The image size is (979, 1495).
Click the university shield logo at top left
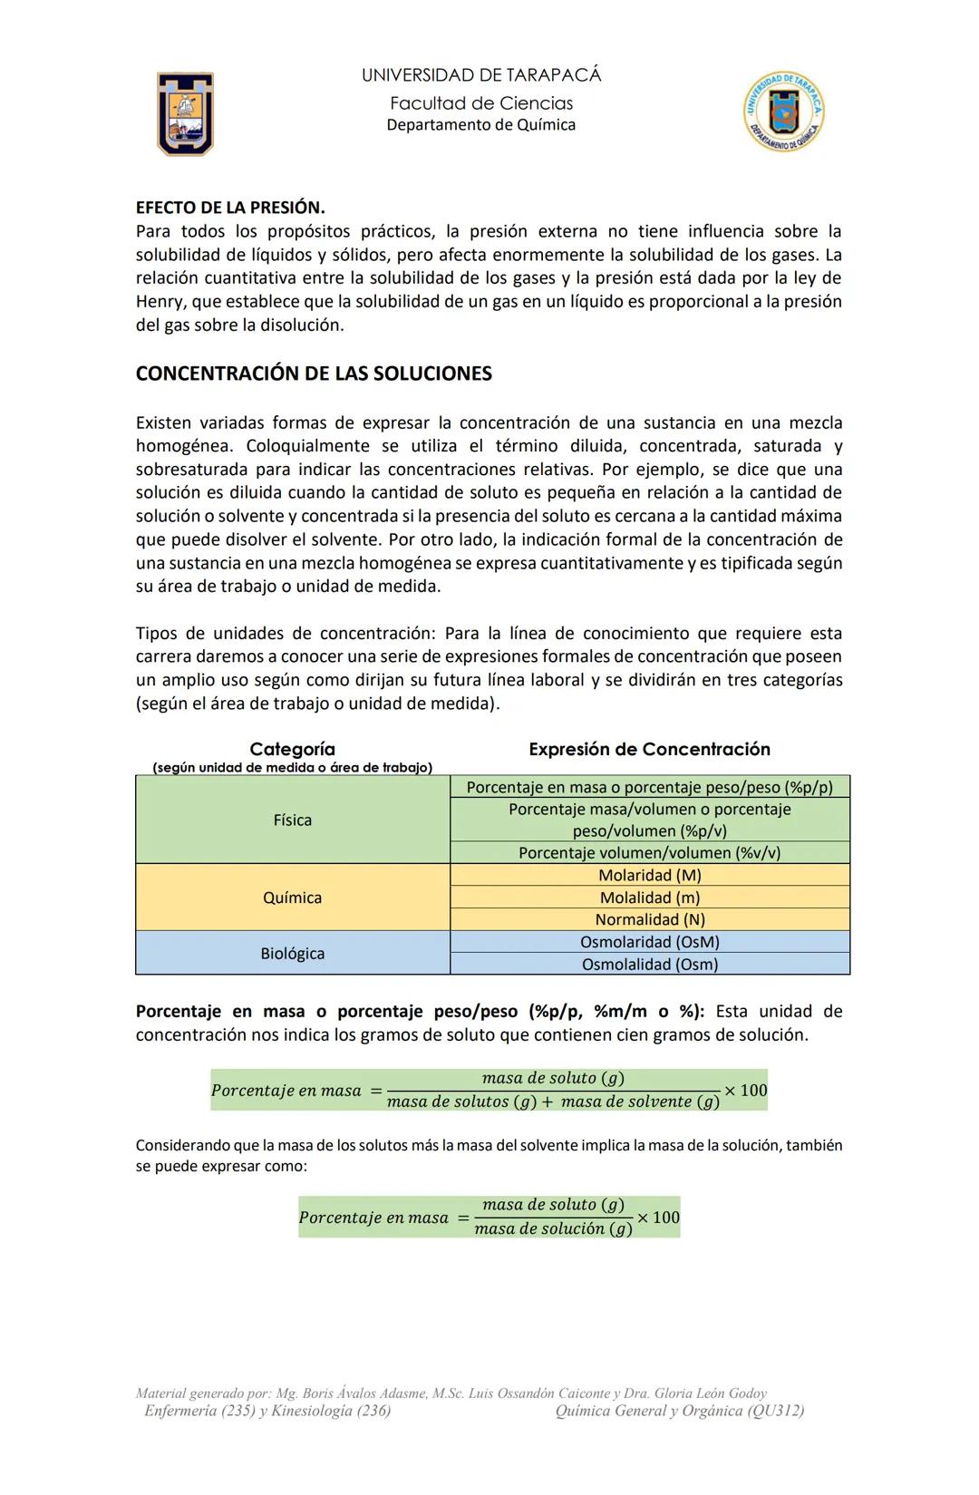(x=186, y=113)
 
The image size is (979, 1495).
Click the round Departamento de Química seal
(x=784, y=112)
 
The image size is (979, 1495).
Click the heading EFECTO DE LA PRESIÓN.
(x=230, y=208)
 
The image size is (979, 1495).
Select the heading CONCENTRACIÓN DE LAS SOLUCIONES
(x=314, y=374)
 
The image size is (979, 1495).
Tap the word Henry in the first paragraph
(x=160, y=302)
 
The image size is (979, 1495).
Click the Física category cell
(x=292, y=820)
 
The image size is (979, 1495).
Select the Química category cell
(x=292, y=898)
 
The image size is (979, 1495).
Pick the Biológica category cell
(x=292, y=954)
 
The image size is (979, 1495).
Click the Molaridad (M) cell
(x=650, y=875)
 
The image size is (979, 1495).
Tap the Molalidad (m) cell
(x=650, y=898)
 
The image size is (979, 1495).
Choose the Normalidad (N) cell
(x=650, y=919)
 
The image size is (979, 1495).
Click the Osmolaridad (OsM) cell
(x=650, y=942)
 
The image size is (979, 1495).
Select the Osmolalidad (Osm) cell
(x=650, y=965)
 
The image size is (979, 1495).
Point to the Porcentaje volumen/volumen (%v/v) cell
(x=650, y=853)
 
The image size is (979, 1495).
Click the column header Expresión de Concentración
(x=649, y=750)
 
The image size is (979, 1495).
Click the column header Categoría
(x=292, y=750)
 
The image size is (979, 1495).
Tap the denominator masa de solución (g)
(x=553, y=1229)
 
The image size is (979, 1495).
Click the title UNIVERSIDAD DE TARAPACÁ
(x=481, y=75)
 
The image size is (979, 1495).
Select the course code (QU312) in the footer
(x=776, y=1411)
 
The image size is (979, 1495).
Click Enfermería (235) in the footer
(x=199, y=1411)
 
